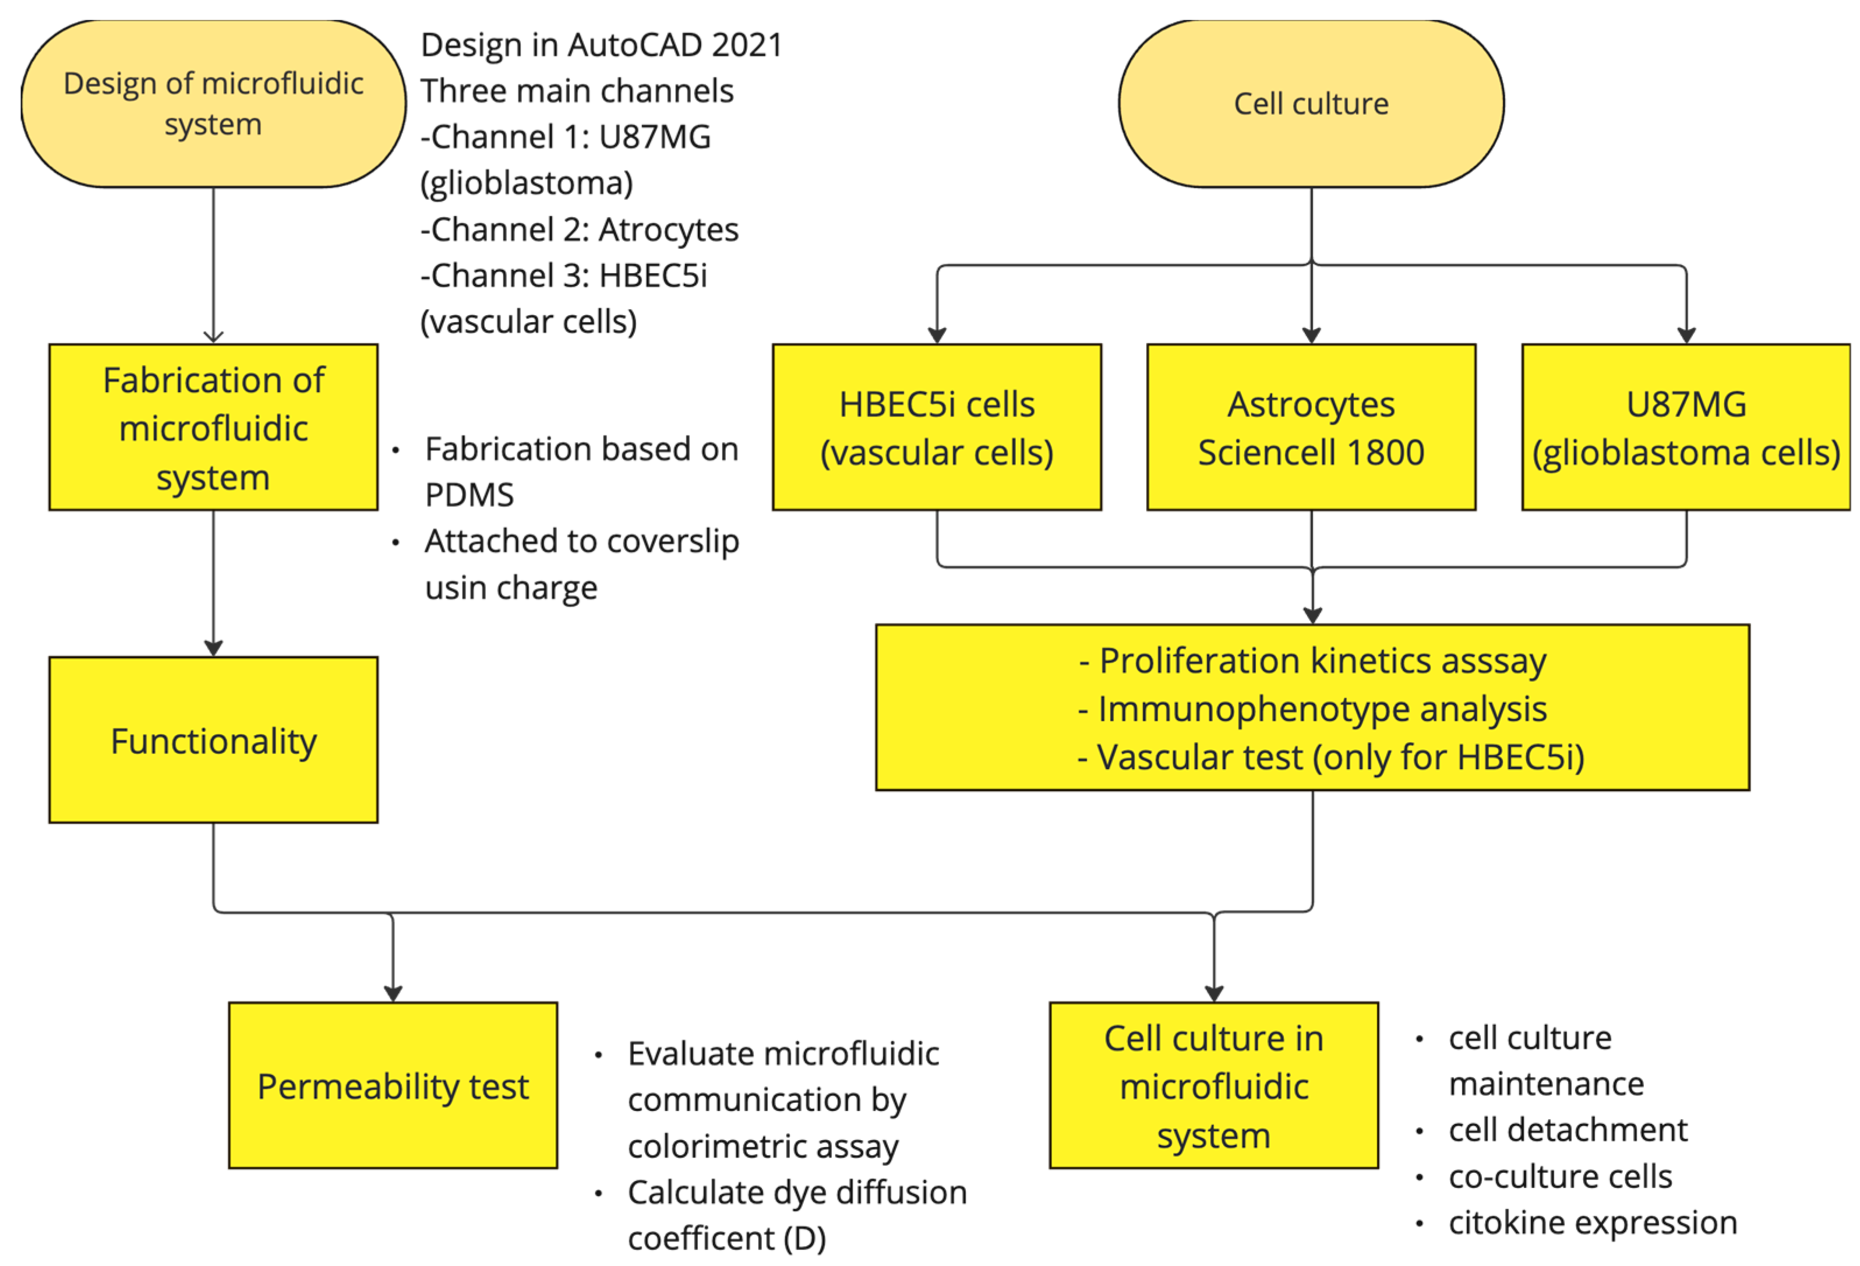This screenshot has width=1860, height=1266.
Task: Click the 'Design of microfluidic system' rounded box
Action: pyautogui.click(x=213, y=104)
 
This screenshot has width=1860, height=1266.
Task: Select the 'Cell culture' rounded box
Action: pyautogui.click(x=1310, y=104)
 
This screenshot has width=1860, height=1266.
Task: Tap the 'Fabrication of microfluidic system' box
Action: pyautogui.click(x=213, y=427)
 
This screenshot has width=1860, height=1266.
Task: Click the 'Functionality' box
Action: pyautogui.click(x=213, y=740)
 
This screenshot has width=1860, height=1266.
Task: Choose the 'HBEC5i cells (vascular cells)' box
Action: pyautogui.click(x=936, y=427)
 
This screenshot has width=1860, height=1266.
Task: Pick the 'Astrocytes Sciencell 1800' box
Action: pyautogui.click(x=1310, y=427)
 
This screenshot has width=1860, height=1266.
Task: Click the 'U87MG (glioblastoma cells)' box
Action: pyautogui.click(x=1685, y=427)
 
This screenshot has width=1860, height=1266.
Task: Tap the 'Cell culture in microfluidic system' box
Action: pyautogui.click(x=1213, y=1085)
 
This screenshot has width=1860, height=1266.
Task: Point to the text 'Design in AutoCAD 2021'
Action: pyautogui.click(x=601, y=45)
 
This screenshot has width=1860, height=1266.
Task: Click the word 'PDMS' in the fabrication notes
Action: pyautogui.click(x=469, y=495)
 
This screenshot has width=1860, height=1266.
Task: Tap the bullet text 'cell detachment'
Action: pyautogui.click(x=1566, y=1130)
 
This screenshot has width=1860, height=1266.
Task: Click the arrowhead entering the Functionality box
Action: pyautogui.click(x=213, y=647)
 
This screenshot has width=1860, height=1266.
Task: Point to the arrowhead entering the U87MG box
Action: pyautogui.click(x=1685, y=336)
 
